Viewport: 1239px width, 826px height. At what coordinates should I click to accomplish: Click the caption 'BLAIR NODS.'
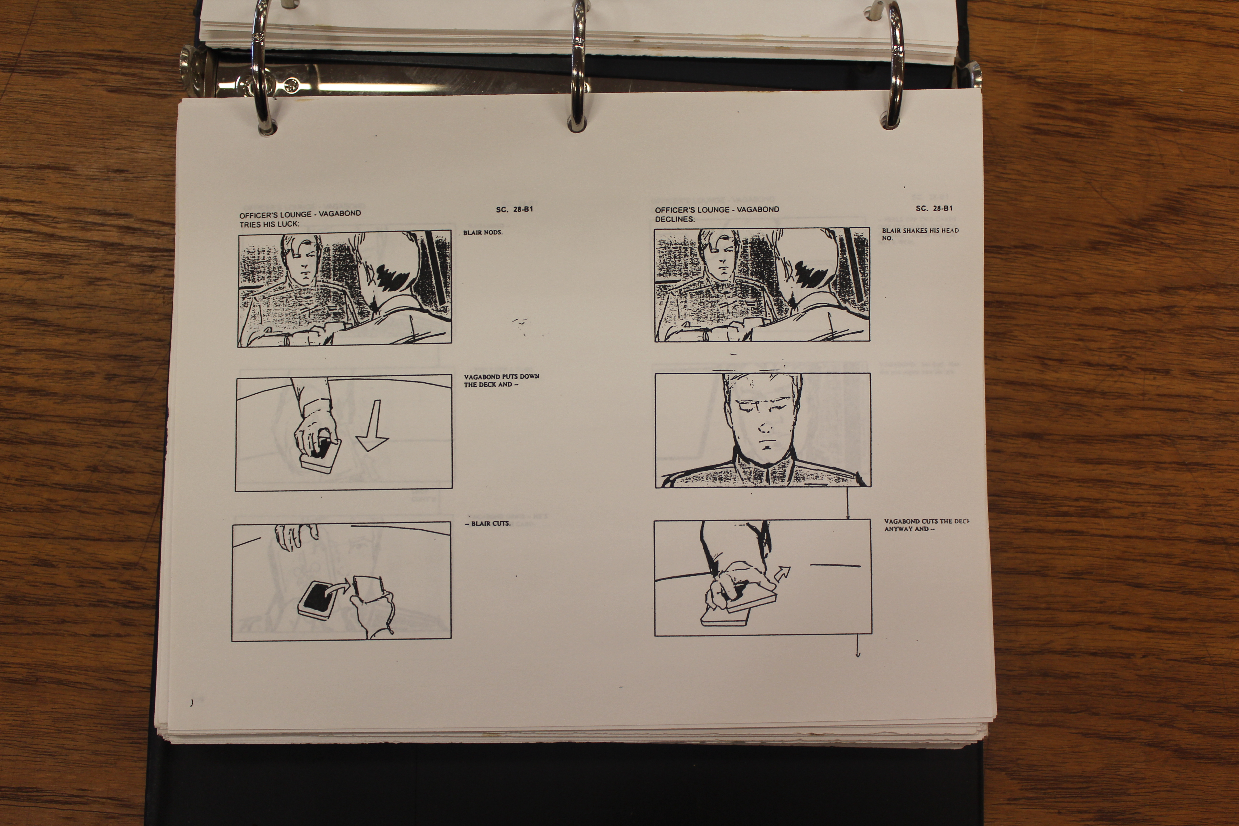coord(483,232)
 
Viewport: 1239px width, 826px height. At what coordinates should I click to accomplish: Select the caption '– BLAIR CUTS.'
coord(487,524)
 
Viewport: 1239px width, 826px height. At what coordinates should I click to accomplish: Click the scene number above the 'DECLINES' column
coord(934,208)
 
